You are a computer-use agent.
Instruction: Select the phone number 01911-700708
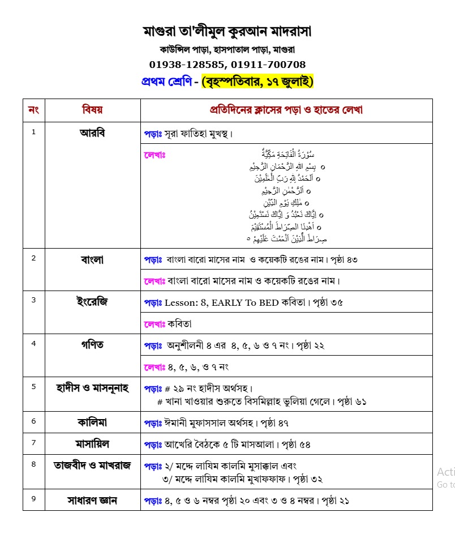(x=271, y=65)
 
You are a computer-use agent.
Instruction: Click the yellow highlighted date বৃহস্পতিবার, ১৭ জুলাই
(x=257, y=82)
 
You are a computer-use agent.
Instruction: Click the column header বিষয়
(x=92, y=110)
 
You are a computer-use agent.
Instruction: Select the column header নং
(x=33, y=110)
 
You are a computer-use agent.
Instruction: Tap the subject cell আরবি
(x=92, y=133)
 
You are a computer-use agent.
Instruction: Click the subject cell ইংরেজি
(x=92, y=301)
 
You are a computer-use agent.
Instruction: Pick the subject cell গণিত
(x=92, y=344)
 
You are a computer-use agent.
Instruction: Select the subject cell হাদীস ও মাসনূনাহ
(x=92, y=387)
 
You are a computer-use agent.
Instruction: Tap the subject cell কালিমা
(x=92, y=421)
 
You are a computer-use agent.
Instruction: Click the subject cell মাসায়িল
(x=92, y=443)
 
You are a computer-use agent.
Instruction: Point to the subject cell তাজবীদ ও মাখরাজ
(x=92, y=466)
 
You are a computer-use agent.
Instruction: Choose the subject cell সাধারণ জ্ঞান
(x=92, y=501)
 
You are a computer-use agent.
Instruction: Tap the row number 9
(x=33, y=499)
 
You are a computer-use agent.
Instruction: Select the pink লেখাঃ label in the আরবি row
(x=154, y=154)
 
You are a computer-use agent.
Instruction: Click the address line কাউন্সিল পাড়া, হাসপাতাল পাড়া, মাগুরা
(x=227, y=49)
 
